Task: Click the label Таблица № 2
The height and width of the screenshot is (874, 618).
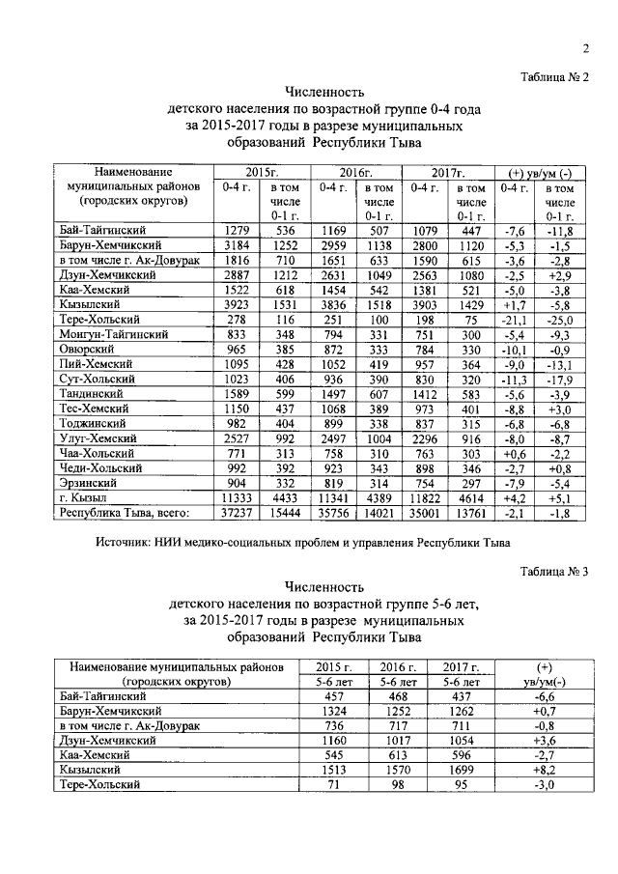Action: coord(554,76)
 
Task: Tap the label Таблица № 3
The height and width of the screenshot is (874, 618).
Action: coord(554,571)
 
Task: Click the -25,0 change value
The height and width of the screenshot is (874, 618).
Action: coord(559,319)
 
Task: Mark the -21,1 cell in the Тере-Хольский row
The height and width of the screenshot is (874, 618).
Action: coord(514,319)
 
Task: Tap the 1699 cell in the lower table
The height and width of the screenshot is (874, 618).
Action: coord(463,772)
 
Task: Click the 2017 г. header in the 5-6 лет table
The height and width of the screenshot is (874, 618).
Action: coord(463,667)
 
